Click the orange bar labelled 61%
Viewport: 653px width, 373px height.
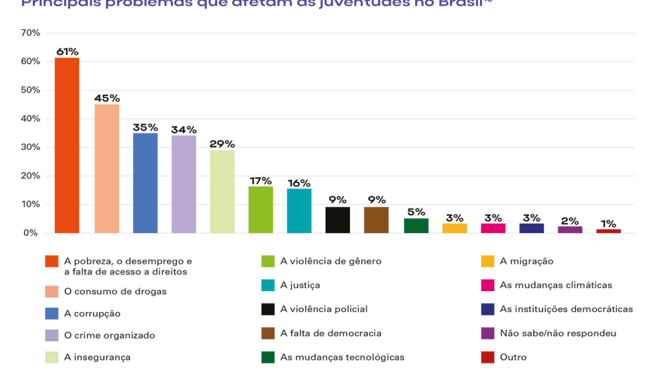pos(67,146)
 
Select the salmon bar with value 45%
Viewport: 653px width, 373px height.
pos(107,169)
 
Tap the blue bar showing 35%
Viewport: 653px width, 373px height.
pos(145,183)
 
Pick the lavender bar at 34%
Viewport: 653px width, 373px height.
pos(184,184)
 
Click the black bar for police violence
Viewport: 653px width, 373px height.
pos(338,220)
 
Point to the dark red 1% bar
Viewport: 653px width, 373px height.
pos(608,231)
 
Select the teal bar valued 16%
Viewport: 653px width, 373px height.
pos(299,211)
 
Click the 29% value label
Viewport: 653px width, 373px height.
pos(222,144)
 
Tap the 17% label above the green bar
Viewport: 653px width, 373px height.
pos(261,181)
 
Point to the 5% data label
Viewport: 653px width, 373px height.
pos(416,212)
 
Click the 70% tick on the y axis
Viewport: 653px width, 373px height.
pos(31,33)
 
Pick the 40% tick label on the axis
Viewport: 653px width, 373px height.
pos(31,119)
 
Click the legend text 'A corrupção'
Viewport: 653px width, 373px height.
pos(92,314)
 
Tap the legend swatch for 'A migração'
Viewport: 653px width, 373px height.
pos(487,262)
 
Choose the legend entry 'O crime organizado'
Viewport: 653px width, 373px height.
pos(109,336)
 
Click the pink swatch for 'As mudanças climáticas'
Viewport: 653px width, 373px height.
pos(487,285)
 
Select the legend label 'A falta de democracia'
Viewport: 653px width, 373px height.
pos(331,334)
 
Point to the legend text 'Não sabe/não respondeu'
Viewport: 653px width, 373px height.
pos(558,334)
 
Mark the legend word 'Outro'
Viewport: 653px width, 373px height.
pos(513,357)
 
